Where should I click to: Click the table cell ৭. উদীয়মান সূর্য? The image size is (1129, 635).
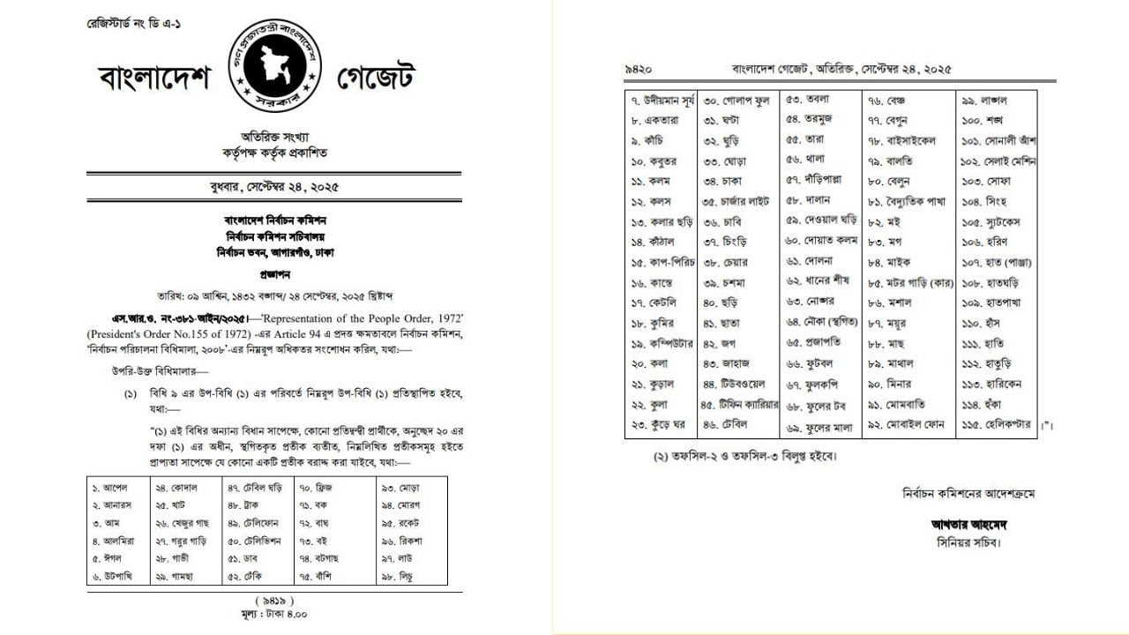point(661,100)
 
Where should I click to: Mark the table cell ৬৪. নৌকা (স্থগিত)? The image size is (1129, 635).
point(822,322)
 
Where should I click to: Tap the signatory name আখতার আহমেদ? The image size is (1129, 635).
point(968,526)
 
